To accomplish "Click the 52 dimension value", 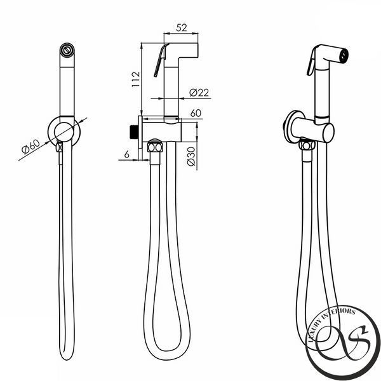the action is (182, 28).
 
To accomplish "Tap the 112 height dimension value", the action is (136, 79).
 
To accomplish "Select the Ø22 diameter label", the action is (199, 92).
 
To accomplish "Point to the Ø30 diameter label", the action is (192, 156).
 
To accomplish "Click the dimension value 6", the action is (126, 154).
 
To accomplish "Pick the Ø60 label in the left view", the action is (30, 147).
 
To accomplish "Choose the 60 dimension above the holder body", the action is (196, 113).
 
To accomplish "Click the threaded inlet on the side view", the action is (134, 132).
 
